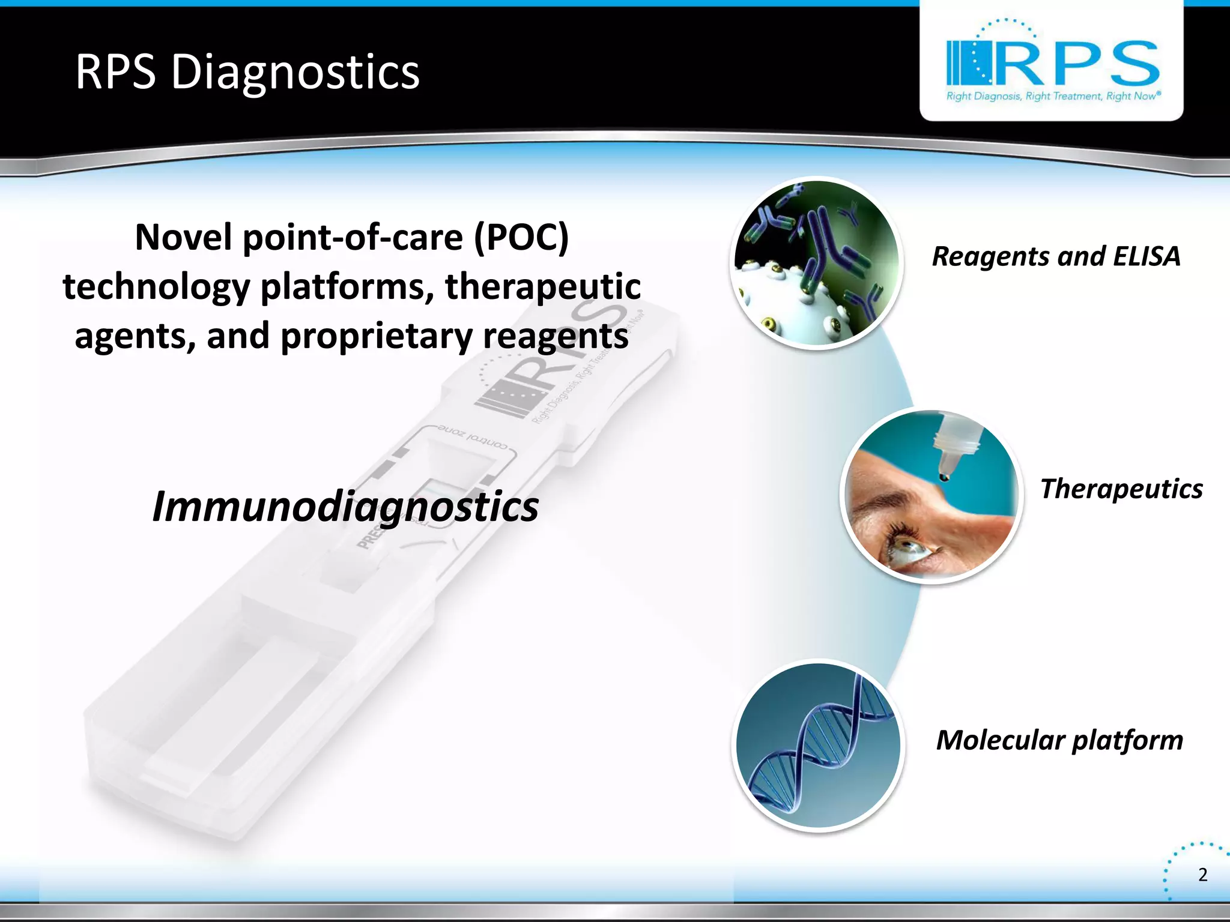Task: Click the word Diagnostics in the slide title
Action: pyautogui.click(x=295, y=72)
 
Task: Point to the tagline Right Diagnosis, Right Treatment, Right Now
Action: pyautogui.click(x=1053, y=96)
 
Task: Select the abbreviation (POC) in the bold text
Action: pyautogui.click(x=521, y=237)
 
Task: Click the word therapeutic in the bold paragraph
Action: pyautogui.click(x=542, y=286)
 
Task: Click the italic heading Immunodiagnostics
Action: pyautogui.click(x=345, y=506)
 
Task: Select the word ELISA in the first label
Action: pyautogui.click(x=1146, y=256)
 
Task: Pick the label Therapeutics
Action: pyautogui.click(x=1121, y=489)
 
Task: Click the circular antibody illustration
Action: pyautogui.click(x=817, y=263)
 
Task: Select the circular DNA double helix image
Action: pyautogui.click(x=818, y=745)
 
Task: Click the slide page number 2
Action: pyautogui.click(x=1202, y=875)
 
